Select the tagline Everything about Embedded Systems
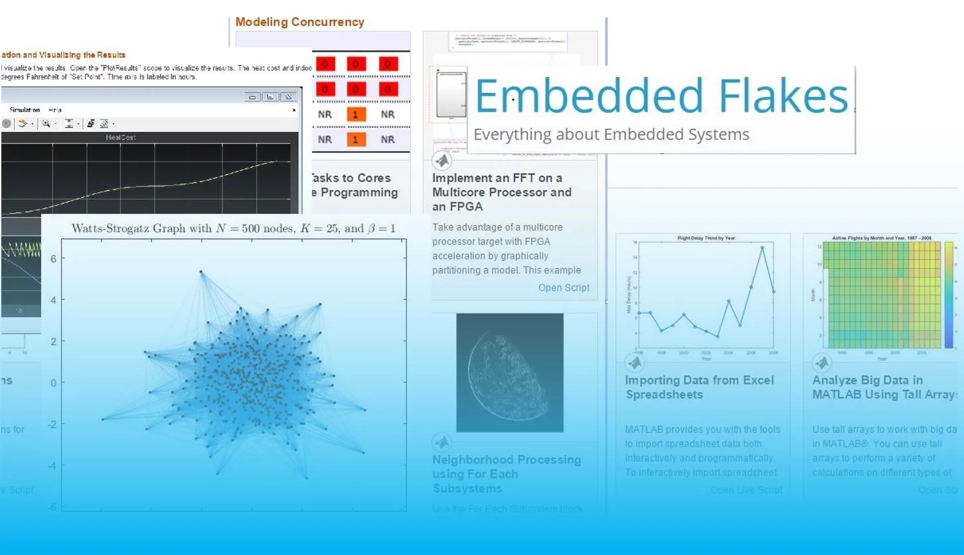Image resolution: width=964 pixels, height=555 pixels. [x=611, y=135]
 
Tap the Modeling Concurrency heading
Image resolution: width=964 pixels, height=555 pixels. [x=299, y=22]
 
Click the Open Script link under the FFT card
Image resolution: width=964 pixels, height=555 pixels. [x=564, y=287]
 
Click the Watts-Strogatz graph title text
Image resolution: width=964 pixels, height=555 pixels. [x=233, y=229]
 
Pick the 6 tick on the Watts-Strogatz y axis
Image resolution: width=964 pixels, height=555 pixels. [x=52, y=258]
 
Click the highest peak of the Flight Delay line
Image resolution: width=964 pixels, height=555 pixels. [x=762, y=248]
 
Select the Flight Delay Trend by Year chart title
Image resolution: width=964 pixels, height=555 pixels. [x=705, y=238]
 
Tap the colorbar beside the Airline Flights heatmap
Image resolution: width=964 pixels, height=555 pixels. [x=950, y=295]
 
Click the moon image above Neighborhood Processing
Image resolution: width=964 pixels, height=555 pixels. [x=509, y=372]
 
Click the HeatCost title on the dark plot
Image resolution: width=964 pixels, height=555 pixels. [x=120, y=137]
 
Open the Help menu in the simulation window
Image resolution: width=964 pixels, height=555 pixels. [x=55, y=110]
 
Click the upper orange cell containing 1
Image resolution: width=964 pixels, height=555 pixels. [x=356, y=115]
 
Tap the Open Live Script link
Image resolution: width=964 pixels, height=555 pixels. [x=746, y=490]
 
